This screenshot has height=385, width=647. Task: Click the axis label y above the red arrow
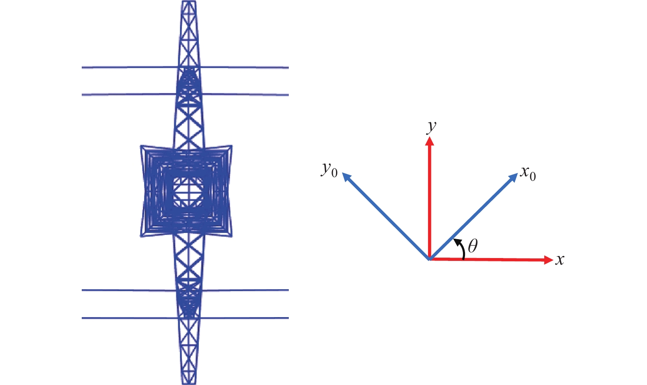[431, 127]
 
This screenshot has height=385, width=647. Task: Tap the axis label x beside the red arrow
[560, 260]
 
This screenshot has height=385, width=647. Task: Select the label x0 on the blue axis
[528, 173]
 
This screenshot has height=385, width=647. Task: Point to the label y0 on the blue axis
[329, 170]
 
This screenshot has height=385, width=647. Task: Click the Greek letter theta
[472, 246]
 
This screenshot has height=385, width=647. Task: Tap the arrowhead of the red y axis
[430, 141]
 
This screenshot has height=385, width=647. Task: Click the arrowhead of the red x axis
[548, 260]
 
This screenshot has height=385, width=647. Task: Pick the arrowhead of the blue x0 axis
[513, 178]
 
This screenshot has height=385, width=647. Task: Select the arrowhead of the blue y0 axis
[346, 177]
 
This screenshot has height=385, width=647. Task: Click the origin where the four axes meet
[430, 259]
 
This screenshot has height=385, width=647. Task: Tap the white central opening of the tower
[188, 192]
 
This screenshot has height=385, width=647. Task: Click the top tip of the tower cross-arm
[189, 1]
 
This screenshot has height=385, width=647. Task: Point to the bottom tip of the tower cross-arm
[189, 383]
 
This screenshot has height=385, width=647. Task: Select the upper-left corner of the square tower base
[141, 146]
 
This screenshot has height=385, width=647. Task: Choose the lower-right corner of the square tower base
[232, 237]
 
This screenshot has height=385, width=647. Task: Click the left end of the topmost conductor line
[82, 67]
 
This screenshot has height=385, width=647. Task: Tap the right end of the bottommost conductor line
[288, 318]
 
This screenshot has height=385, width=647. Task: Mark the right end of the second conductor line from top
[288, 95]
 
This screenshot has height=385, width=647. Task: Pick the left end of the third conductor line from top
[82, 290]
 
